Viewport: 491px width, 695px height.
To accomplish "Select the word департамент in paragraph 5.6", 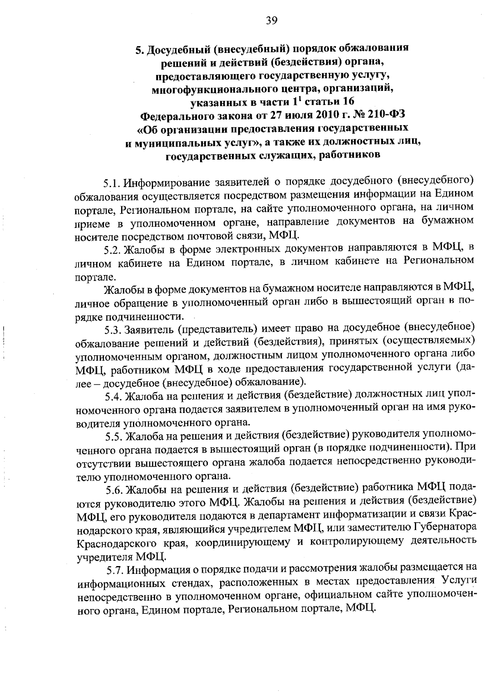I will [302, 516].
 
